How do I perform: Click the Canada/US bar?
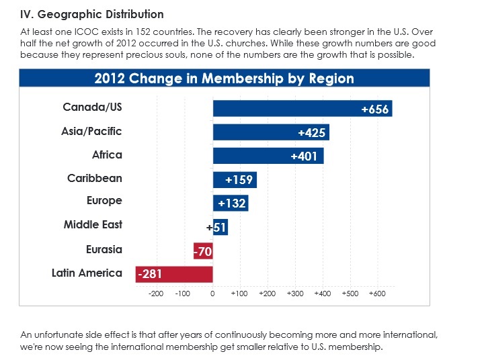point(302,108)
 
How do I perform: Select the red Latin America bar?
point(174,274)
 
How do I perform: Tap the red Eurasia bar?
point(203,251)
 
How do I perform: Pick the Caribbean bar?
point(235,180)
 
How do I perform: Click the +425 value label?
point(311,133)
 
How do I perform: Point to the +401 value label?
point(304,156)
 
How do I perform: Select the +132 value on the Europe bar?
point(232,204)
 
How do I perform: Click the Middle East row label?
point(93,224)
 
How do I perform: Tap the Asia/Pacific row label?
point(91,132)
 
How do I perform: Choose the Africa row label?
point(107,154)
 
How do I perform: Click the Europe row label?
point(104,201)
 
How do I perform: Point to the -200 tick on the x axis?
point(156,294)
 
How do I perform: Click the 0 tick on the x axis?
point(212,294)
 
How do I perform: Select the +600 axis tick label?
point(377,294)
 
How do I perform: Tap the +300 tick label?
point(295,294)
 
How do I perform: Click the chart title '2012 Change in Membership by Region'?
point(224,79)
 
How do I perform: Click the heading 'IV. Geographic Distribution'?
point(92,14)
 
